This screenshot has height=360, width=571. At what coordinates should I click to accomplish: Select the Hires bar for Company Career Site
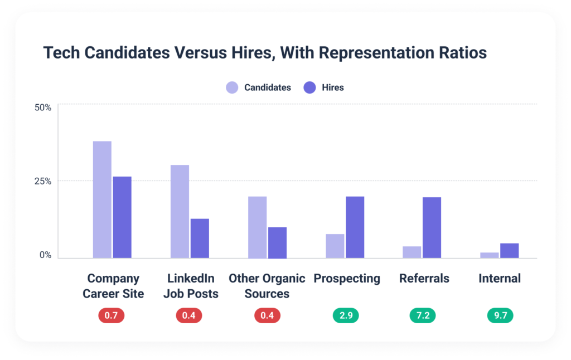coord(122,217)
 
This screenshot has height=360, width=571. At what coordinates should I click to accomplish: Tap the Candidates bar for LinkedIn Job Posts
coord(180,211)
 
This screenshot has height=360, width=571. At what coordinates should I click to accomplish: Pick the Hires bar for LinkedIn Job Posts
coord(200,238)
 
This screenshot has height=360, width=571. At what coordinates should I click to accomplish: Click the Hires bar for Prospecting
coord(355,227)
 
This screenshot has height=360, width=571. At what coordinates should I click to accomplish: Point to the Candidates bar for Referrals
coord(412,252)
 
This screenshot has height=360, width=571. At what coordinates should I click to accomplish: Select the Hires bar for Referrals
coord(432,227)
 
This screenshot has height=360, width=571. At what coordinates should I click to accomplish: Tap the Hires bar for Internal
coord(509,250)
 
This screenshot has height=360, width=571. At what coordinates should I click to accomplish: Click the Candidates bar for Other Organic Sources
coord(257,227)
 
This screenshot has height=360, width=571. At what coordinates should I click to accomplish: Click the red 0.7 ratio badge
coord(112,315)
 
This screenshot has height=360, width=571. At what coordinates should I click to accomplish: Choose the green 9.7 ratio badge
coord(499,315)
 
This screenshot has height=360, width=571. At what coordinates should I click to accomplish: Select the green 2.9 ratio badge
coord(345,315)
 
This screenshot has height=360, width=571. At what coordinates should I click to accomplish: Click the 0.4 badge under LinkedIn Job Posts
coord(189,315)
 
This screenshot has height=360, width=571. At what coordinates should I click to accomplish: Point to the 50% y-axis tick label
coord(43,107)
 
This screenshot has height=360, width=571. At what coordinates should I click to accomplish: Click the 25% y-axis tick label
coord(43,181)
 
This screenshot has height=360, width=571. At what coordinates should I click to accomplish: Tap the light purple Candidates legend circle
coord(232,87)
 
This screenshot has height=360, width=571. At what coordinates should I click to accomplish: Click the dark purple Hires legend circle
coord(309,87)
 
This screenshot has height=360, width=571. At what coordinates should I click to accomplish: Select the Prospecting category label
coord(347,278)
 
